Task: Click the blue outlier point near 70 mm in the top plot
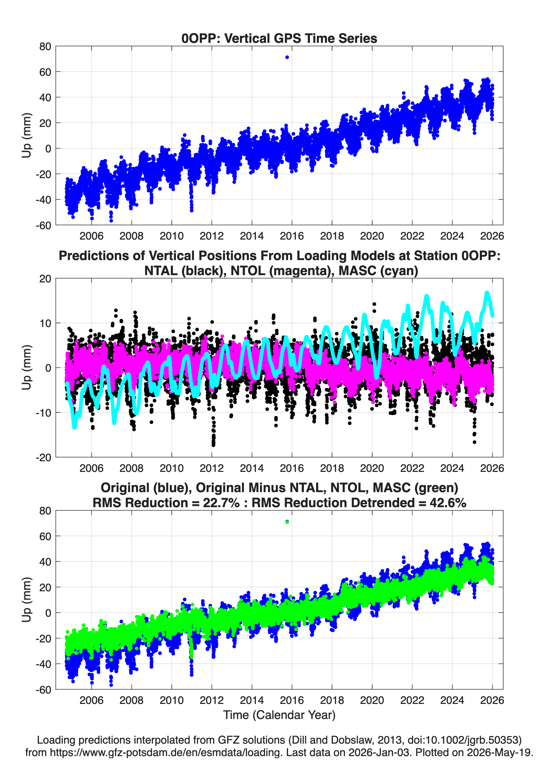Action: [287, 57]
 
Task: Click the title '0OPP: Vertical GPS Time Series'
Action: [279, 38]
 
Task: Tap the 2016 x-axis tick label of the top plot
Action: [292, 236]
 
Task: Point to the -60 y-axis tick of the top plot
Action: [44, 225]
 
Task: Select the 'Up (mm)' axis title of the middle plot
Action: [27, 368]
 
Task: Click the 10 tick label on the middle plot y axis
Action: [45, 323]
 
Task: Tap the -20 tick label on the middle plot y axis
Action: [44, 457]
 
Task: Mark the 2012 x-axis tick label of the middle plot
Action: [212, 468]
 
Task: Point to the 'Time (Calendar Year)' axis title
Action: [279, 715]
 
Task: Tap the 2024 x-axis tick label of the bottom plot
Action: [452, 700]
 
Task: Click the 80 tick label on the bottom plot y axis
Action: [45, 511]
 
